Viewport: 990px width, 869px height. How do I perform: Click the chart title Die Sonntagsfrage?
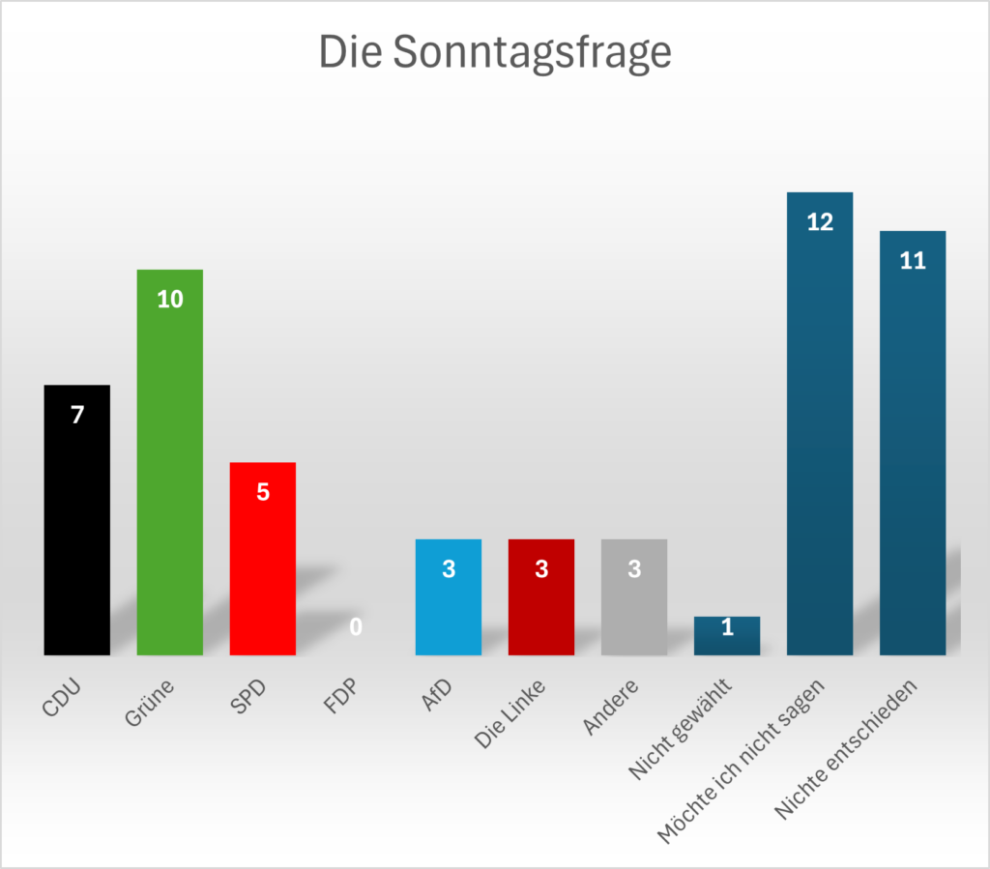tap(495, 52)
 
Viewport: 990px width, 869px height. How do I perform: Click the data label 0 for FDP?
tap(356, 627)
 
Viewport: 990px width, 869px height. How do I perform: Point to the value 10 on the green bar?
tap(170, 300)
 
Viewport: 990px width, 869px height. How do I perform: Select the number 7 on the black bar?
tap(77, 415)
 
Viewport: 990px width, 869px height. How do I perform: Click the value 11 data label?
tap(913, 261)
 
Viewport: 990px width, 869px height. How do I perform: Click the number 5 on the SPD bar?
tap(263, 492)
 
